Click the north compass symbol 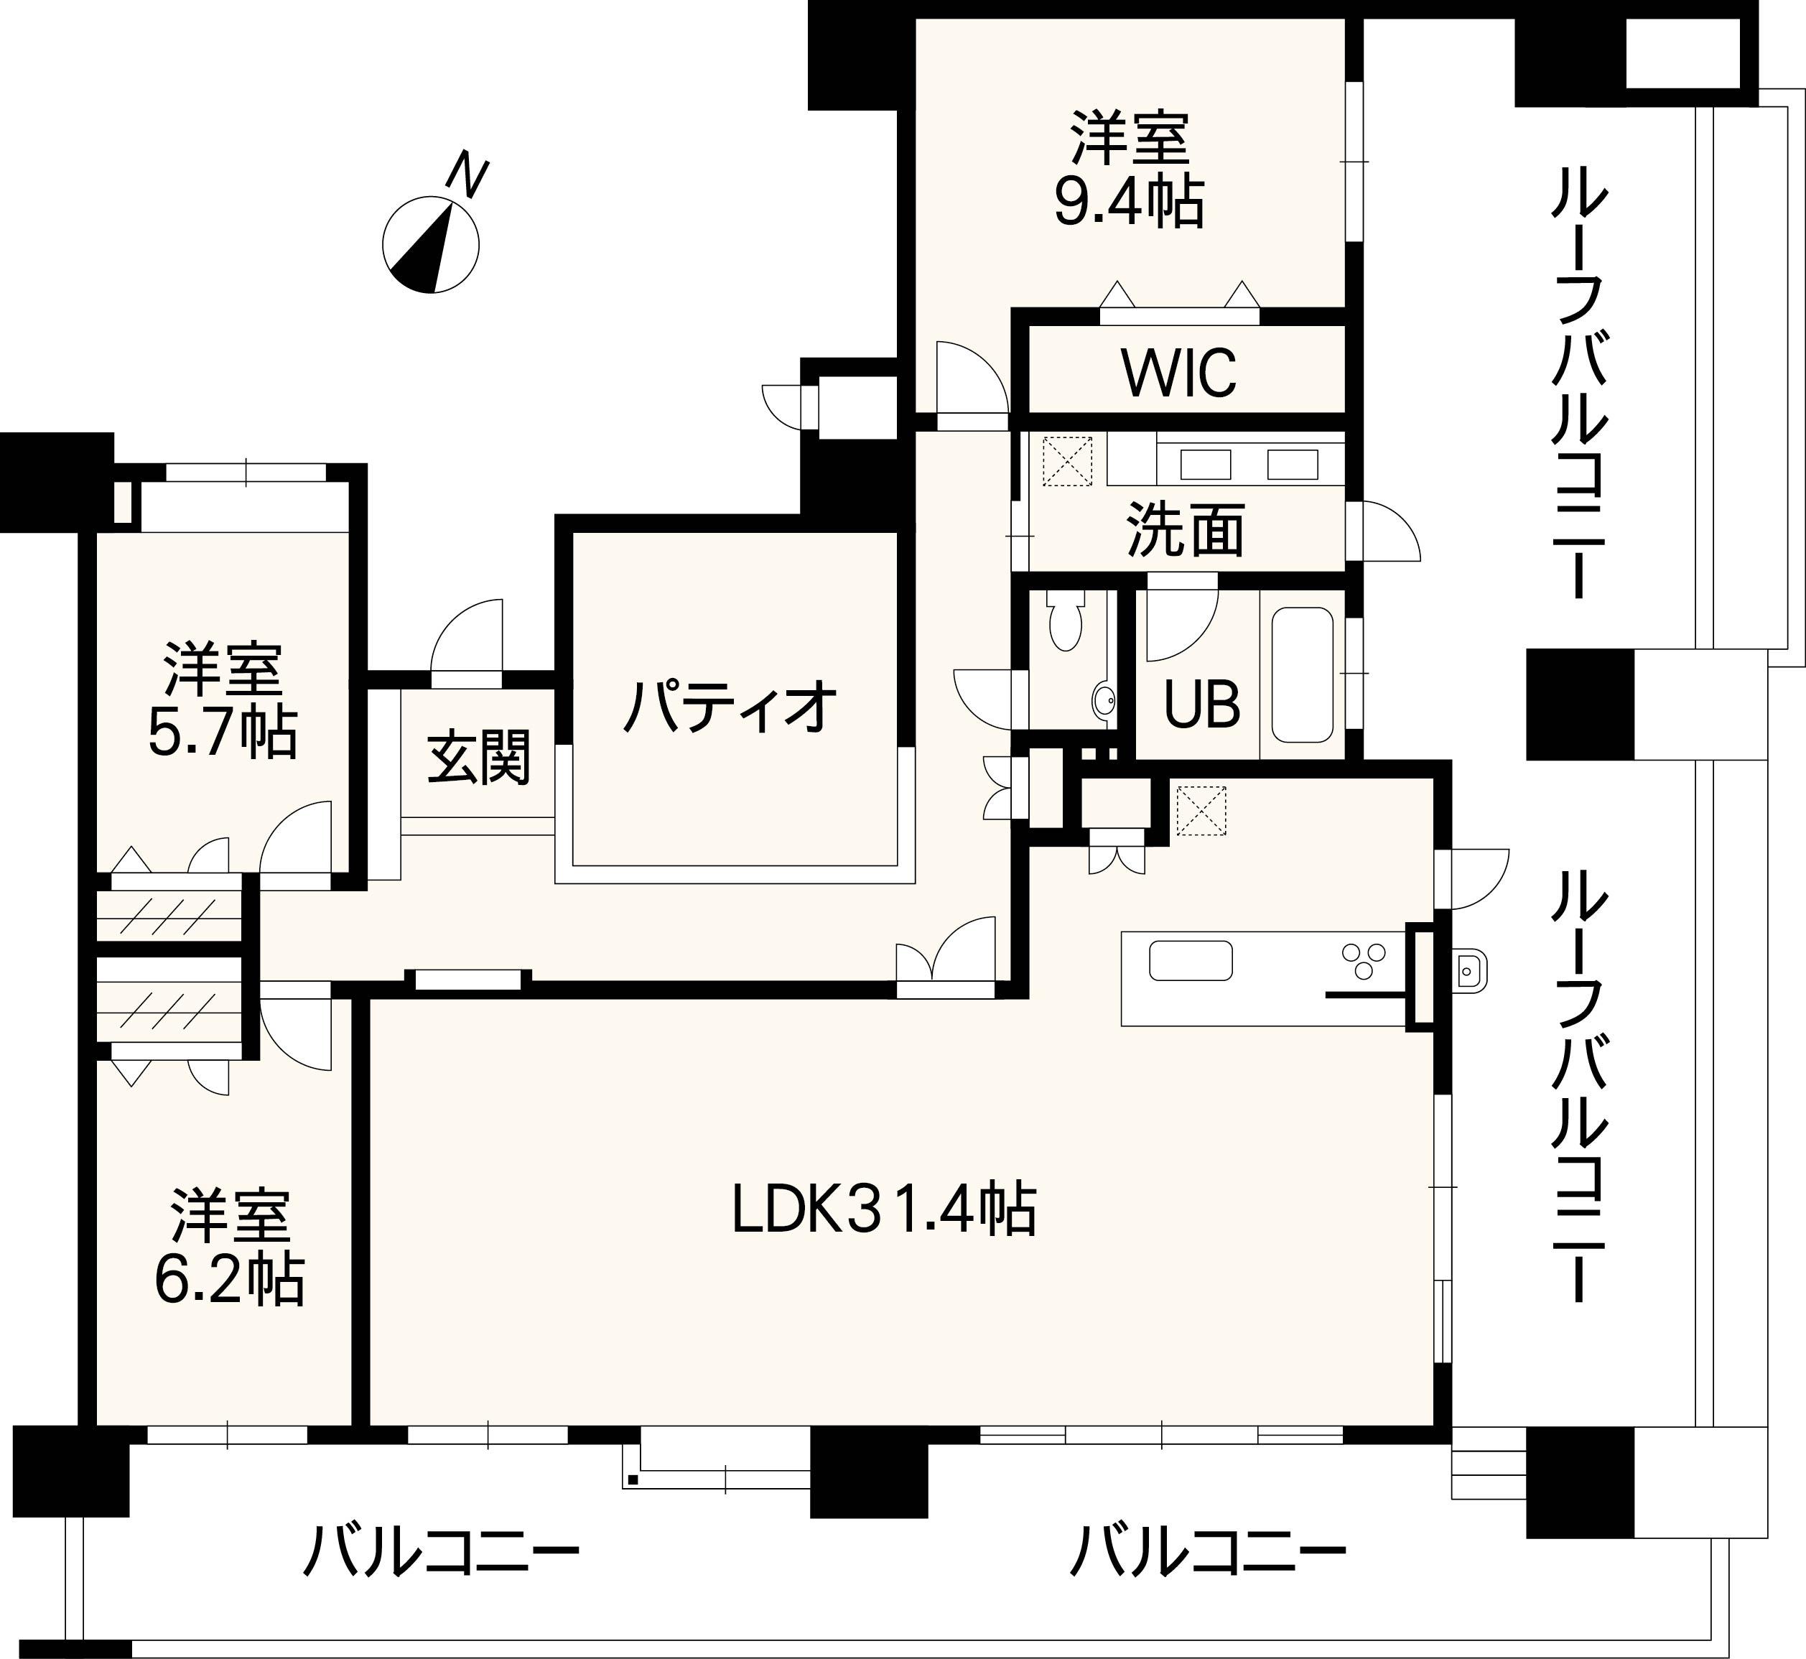tap(431, 244)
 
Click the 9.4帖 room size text tap(1128, 204)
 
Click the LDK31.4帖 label tap(884, 1209)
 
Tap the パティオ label tap(731, 707)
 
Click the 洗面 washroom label tap(1186, 530)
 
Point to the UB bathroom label tap(1202, 705)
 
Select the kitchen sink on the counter tap(1191, 961)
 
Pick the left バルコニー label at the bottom tap(441, 1551)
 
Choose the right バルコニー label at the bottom tap(1207, 1551)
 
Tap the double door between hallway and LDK tap(945, 959)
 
